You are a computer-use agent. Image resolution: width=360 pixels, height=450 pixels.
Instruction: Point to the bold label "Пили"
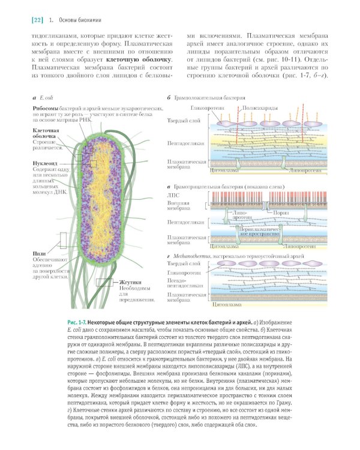39,254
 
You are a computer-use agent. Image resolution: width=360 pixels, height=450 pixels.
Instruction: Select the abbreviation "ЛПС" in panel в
174,196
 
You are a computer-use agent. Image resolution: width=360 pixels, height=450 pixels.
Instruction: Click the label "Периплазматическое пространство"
258,232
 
